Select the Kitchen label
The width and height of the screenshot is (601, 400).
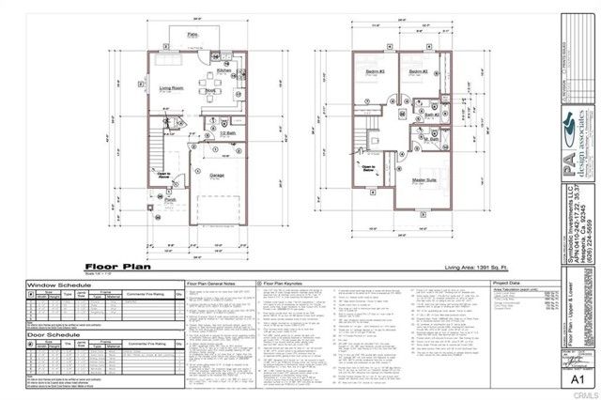(224, 69)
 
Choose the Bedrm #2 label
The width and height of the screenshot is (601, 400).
(412, 71)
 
